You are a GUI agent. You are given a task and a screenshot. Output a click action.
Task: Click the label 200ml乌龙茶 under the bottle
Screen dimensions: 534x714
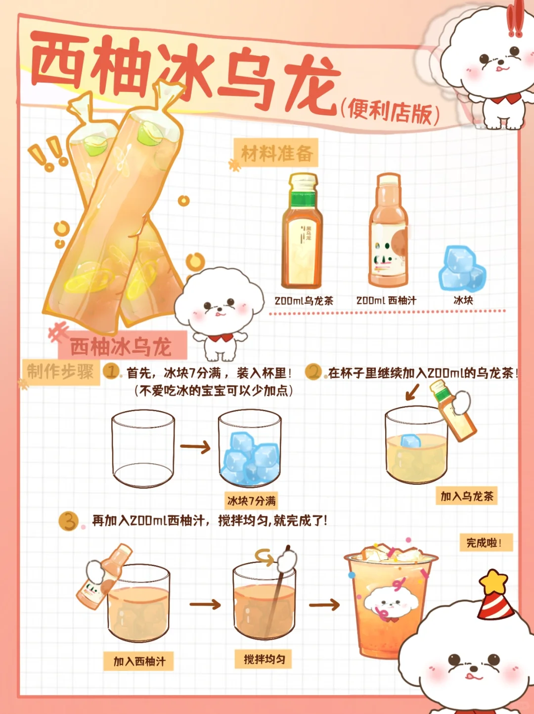304,300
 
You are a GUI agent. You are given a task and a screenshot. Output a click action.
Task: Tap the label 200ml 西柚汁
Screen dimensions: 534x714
386,300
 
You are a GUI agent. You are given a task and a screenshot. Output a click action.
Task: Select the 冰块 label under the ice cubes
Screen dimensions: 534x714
463,300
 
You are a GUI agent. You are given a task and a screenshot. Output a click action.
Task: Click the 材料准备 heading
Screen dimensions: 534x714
277,153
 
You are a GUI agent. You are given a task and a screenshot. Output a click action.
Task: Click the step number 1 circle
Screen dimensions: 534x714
111,371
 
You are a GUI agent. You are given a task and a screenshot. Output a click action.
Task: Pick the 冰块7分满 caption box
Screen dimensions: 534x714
251,501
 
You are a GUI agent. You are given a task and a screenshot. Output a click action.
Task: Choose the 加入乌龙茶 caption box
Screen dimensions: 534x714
466,496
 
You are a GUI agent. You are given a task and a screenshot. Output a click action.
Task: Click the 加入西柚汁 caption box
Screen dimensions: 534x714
139,661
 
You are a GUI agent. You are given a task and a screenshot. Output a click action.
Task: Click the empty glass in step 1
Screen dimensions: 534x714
143,449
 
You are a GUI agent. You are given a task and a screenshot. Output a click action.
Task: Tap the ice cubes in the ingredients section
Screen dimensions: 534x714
462,269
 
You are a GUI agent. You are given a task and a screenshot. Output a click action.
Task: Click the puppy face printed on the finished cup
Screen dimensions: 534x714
391,602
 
